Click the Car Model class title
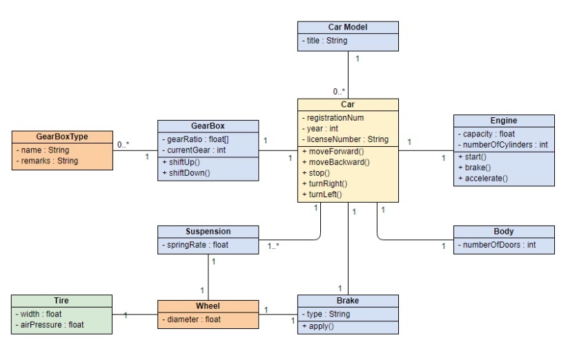(348, 27)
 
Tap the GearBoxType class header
(62, 137)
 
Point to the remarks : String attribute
(47, 161)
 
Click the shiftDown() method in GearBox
(186, 173)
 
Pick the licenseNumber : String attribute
(345, 139)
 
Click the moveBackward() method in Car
(336, 162)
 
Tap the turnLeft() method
(322, 194)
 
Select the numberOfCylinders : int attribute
(503, 145)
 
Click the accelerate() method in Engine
(483, 179)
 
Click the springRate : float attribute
(195, 245)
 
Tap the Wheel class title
(208, 306)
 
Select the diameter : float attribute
(191, 319)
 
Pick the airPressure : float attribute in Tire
(50, 325)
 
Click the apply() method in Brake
(318, 326)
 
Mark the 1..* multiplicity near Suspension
(273, 246)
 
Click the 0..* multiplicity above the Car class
(339, 92)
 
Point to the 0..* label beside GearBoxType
(123, 145)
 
